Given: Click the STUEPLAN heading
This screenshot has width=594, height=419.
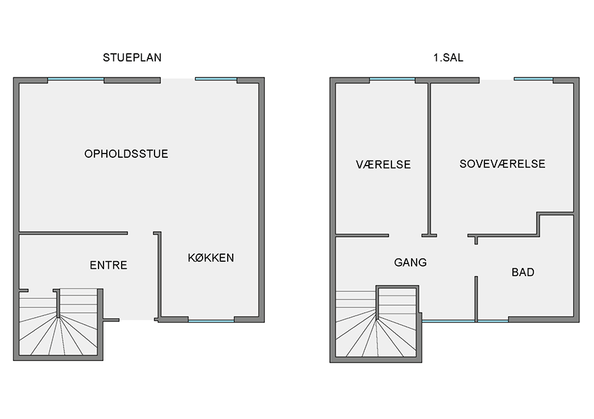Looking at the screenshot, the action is [132, 57].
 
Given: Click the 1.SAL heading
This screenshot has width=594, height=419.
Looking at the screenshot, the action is [448, 57].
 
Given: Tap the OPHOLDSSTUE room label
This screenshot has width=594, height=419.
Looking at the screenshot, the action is [126, 154].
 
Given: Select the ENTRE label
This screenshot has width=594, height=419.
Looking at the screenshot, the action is [108, 265].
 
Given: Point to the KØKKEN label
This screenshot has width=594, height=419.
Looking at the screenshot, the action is [211, 258].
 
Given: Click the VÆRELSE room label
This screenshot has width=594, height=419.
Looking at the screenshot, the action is [384, 164].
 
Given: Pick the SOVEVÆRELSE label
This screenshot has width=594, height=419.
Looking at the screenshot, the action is [502, 163].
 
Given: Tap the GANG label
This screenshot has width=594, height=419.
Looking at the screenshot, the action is [410, 263].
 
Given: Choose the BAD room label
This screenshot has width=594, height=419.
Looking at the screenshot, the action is [523, 272].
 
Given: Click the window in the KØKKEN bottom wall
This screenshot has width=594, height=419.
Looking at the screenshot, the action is [211, 321].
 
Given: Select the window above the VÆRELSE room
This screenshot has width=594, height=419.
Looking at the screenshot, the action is [392, 79].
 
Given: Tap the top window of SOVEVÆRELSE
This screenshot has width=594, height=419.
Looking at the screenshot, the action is [533, 79].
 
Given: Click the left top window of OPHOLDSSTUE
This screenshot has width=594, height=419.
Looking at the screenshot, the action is [75, 79].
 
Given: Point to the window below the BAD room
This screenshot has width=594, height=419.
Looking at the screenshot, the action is [493, 321].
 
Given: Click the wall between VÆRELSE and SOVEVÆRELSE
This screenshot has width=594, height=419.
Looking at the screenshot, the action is [429, 159].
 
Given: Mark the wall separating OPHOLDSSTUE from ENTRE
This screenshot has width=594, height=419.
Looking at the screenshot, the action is [73, 233].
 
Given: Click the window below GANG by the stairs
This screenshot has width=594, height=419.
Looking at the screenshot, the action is [448, 321].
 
